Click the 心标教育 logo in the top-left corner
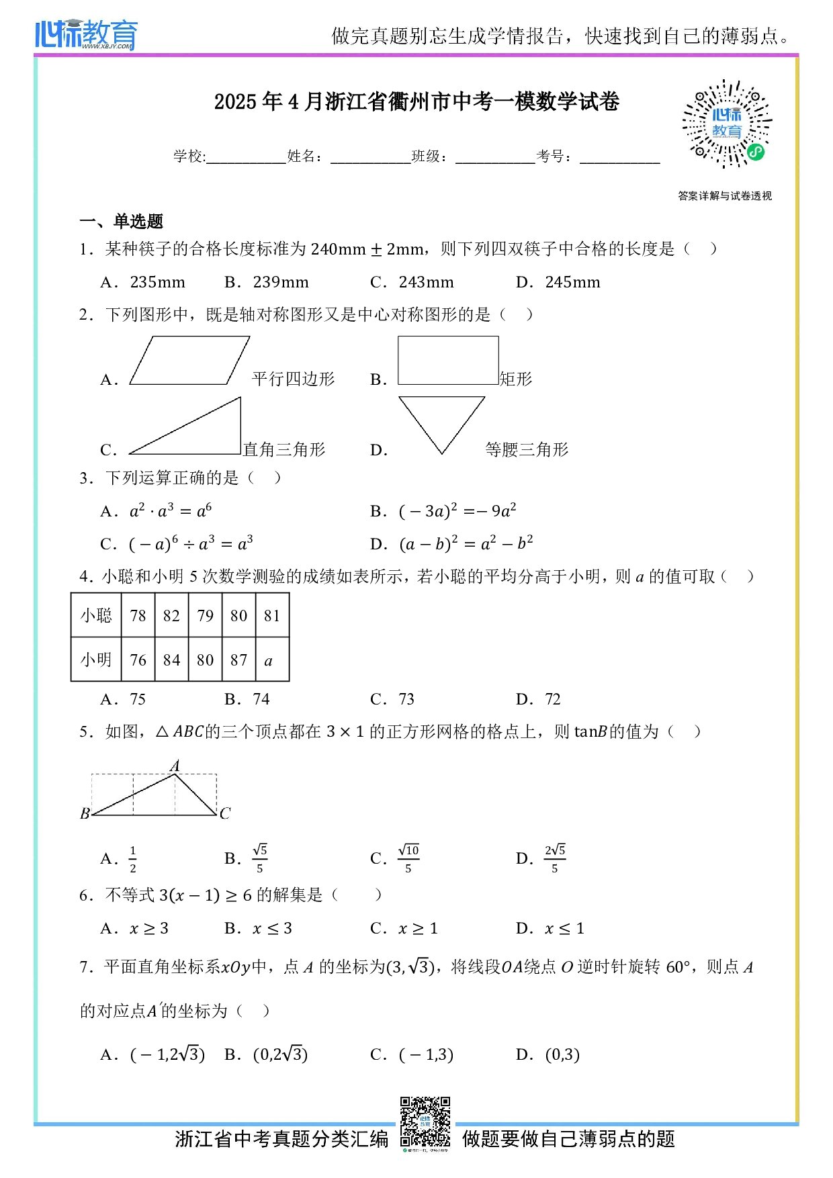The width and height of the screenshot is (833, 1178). click(x=86, y=34)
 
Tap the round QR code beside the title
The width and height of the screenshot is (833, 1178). click(x=727, y=124)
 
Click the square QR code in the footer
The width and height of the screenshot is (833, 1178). click(x=425, y=1122)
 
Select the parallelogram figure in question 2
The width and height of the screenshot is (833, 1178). click(x=189, y=361)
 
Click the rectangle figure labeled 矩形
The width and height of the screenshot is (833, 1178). click(x=448, y=360)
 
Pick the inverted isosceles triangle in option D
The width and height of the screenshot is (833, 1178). click(x=441, y=420)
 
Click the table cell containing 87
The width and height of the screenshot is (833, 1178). click(x=238, y=660)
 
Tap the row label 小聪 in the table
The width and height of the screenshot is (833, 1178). click(x=96, y=616)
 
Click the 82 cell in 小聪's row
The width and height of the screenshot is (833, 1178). click(x=171, y=616)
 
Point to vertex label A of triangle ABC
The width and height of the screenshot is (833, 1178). click(x=175, y=766)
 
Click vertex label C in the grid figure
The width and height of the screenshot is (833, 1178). click(x=225, y=813)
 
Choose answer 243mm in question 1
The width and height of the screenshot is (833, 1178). click(x=426, y=283)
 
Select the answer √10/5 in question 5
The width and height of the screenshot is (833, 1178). click(x=408, y=858)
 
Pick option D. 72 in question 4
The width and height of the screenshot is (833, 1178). click(x=552, y=699)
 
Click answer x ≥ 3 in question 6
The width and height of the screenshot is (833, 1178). click(x=148, y=929)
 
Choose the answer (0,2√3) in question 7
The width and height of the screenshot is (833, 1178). click(x=280, y=1054)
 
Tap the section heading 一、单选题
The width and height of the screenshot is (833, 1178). click(x=122, y=222)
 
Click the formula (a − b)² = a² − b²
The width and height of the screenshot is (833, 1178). click(x=466, y=543)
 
